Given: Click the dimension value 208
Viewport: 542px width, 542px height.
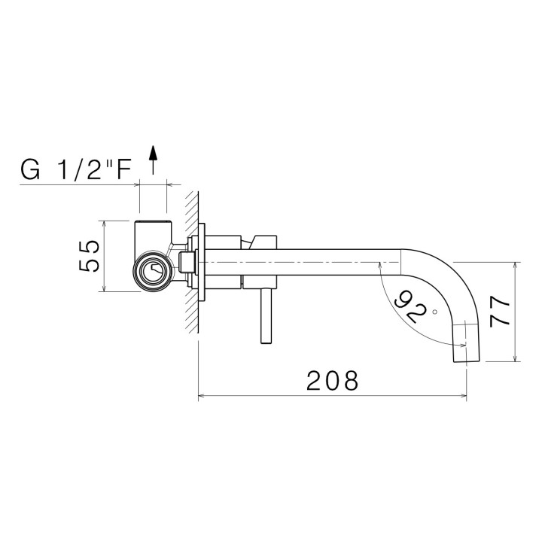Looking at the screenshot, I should [332, 380].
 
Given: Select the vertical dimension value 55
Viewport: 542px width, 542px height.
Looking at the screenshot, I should [89, 256].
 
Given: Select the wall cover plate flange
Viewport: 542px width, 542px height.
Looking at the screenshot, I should [202, 260].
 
